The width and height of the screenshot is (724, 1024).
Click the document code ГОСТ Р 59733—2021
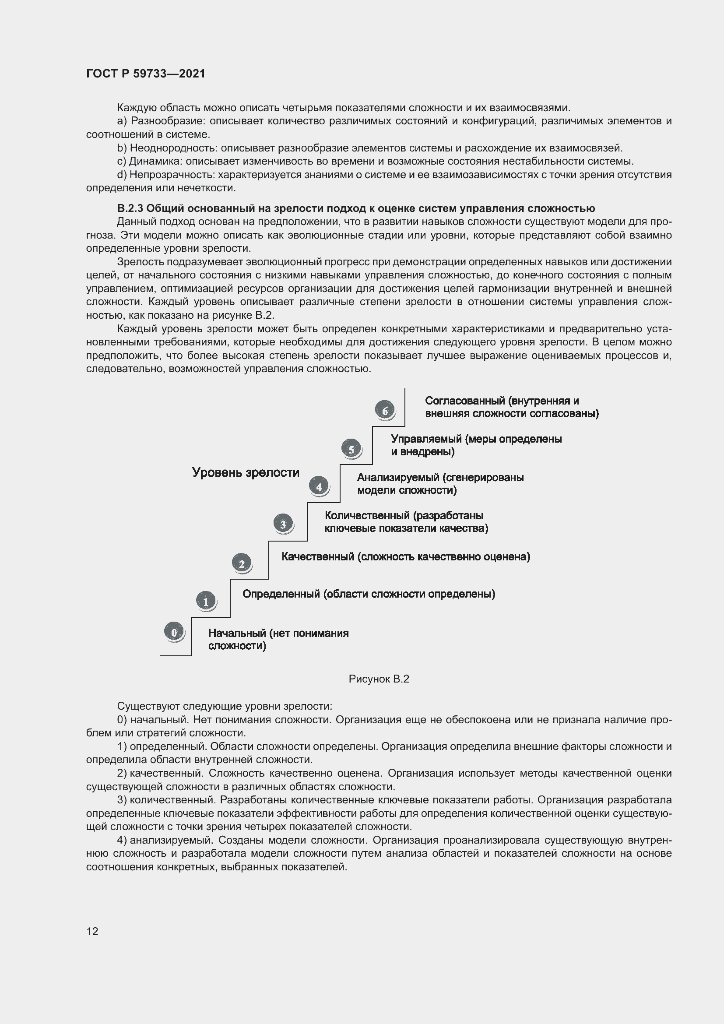tap(146, 74)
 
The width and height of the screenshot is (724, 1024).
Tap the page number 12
tap(92, 931)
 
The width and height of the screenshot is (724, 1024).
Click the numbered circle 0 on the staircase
tap(174, 632)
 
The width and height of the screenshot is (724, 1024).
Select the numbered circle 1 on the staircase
tap(206, 601)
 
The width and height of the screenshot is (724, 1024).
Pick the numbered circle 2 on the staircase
tap(242, 563)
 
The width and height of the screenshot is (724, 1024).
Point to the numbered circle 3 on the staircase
tap(283, 524)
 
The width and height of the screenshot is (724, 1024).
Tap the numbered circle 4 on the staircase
tap(319, 486)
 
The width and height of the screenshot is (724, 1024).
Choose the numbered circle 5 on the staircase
tap(351, 449)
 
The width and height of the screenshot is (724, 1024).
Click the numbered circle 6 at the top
tap(385, 410)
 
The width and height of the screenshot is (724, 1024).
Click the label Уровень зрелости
tap(246, 472)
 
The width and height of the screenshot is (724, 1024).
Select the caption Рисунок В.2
tap(379, 679)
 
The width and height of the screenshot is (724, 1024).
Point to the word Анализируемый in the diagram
tap(397, 477)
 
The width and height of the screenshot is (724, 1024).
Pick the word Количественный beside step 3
tap(367, 515)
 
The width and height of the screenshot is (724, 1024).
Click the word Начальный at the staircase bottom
tap(237, 633)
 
